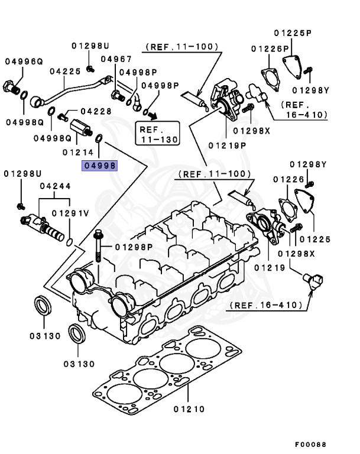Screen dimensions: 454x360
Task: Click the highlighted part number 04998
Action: point(100,166)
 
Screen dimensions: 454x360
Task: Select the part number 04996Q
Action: point(24,60)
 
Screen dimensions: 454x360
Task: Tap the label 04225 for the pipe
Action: point(65,72)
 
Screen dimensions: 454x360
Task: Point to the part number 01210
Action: point(189,408)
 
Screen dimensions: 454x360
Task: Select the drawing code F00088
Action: point(310,444)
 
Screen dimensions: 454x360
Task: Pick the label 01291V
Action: point(70,213)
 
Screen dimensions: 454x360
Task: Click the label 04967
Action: point(116,59)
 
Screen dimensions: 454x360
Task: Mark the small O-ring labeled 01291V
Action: point(70,242)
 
